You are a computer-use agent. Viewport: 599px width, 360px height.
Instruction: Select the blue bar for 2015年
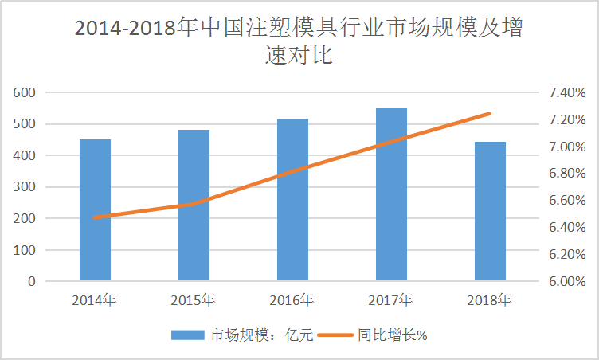pyautogui.click(x=194, y=205)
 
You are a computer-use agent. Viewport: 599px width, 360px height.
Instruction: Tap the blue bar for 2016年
pyautogui.click(x=292, y=199)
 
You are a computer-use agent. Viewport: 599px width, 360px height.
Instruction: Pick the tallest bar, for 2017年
pyautogui.click(x=391, y=194)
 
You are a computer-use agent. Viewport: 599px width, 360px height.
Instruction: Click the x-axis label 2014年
pyautogui.click(x=95, y=300)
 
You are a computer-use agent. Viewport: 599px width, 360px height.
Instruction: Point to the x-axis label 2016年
pyautogui.click(x=292, y=300)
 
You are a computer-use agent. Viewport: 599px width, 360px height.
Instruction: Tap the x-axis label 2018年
pyautogui.click(x=490, y=300)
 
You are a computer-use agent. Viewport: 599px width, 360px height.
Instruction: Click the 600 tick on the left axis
pyautogui.click(x=26, y=93)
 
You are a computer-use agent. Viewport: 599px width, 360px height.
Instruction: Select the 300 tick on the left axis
pyautogui.click(x=26, y=187)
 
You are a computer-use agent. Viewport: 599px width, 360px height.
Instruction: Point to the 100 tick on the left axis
pyautogui.click(x=26, y=250)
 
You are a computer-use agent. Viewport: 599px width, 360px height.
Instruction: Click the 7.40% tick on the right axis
pyautogui.click(x=568, y=93)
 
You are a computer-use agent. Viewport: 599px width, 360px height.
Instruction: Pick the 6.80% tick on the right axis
pyautogui.click(x=568, y=174)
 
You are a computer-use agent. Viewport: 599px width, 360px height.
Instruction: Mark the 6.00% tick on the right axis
pyautogui.click(x=568, y=281)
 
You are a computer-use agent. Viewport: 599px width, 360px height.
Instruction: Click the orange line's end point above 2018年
pyautogui.click(x=490, y=114)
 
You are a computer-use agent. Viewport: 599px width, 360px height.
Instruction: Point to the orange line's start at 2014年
pyautogui.click(x=95, y=217)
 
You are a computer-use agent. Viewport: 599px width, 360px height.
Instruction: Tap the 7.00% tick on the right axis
pyautogui.click(x=568, y=147)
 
